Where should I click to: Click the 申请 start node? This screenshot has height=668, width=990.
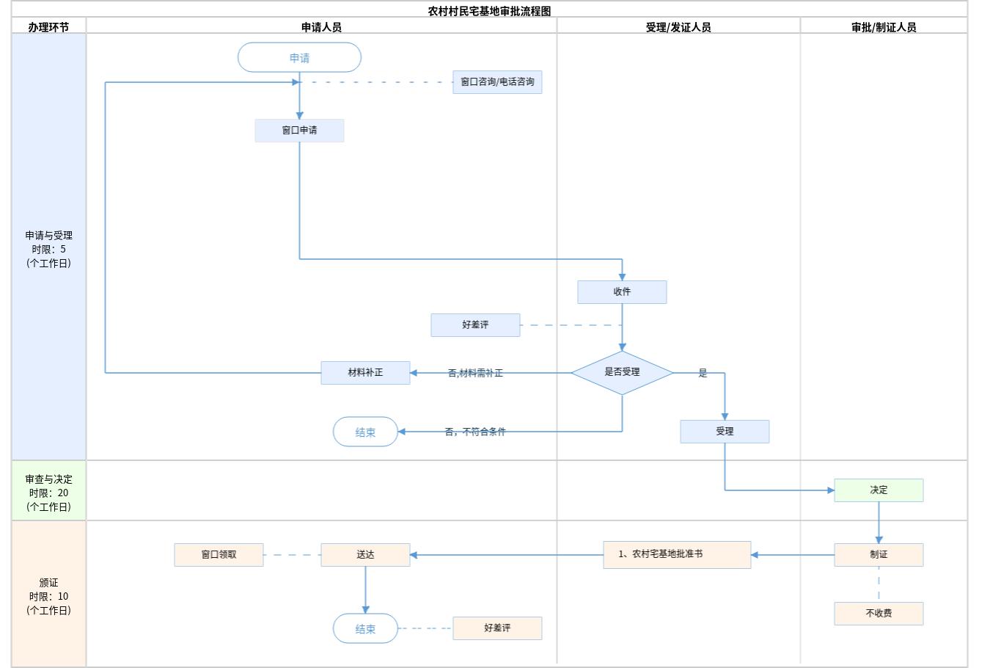tap(299, 57)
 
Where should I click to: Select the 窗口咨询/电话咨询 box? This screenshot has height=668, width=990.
tap(497, 82)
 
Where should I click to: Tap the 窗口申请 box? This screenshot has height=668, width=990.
tap(299, 131)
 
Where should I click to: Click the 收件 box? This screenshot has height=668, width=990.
tap(622, 292)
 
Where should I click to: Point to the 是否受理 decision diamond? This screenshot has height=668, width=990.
tap(622, 372)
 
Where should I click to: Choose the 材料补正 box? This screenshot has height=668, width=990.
tap(365, 373)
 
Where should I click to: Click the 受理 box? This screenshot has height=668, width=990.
tap(725, 432)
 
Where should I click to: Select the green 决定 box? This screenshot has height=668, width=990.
tap(879, 490)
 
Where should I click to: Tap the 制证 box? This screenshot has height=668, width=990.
tap(879, 555)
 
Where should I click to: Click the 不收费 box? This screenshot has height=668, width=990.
tap(879, 614)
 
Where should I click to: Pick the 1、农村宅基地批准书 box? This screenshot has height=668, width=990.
tap(677, 555)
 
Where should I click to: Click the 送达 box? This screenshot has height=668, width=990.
tap(365, 555)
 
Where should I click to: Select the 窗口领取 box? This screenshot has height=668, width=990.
tap(219, 555)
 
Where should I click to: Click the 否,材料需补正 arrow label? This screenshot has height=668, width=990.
tap(475, 374)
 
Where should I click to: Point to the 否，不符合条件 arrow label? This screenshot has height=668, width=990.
tap(475, 432)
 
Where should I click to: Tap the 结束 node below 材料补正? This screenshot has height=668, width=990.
tap(365, 432)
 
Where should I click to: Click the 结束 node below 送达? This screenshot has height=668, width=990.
tap(365, 629)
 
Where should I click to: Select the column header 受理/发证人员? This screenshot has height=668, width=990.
tap(678, 27)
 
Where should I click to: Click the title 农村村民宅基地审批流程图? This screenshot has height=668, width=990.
tap(489, 11)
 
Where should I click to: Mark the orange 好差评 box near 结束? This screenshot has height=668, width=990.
tap(497, 628)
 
